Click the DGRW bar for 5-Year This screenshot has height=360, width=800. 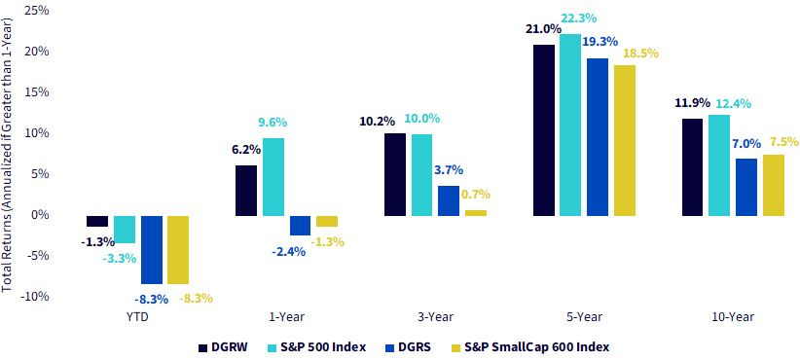[x=544, y=130]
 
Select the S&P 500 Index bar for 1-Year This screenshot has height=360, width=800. [x=273, y=177]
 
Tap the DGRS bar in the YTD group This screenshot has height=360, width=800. [x=152, y=249]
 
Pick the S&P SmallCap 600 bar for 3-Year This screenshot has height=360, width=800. [x=476, y=213]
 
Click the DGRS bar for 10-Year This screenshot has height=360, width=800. [x=746, y=187]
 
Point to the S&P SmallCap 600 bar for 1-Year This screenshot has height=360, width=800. [x=327, y=221]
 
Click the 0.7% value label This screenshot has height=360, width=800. [x=475, y=194]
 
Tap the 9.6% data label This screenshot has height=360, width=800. [x=273, y=123]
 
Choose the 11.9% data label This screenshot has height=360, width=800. [x=691, y=102]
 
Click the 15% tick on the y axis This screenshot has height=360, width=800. [x=35, y=92]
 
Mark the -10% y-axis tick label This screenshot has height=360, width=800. [x=33, y=296]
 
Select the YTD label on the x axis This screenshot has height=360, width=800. [x=136, y=316]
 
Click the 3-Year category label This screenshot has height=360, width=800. [x=435, y=316]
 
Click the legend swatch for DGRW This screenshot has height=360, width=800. [x=203, y=348]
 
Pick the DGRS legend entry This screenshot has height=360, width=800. [x=409, y=348]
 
